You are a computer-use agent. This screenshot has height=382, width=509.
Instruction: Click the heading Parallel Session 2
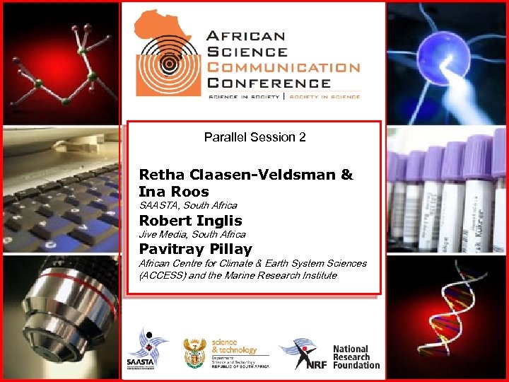255,137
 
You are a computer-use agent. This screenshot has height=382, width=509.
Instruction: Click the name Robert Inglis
190,221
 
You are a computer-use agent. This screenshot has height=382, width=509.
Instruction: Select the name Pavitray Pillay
195,249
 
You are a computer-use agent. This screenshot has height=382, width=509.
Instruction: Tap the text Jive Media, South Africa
192,234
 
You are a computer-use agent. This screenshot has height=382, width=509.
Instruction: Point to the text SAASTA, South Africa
188,205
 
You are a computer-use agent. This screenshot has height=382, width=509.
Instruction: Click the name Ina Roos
174,192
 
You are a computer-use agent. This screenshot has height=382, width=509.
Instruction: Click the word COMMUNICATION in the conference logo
283,67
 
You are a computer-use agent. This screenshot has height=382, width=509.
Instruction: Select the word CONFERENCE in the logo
269,83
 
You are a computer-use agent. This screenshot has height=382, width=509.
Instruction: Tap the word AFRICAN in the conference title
245,36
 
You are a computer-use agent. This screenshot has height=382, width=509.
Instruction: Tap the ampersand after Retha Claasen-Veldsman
346,175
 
